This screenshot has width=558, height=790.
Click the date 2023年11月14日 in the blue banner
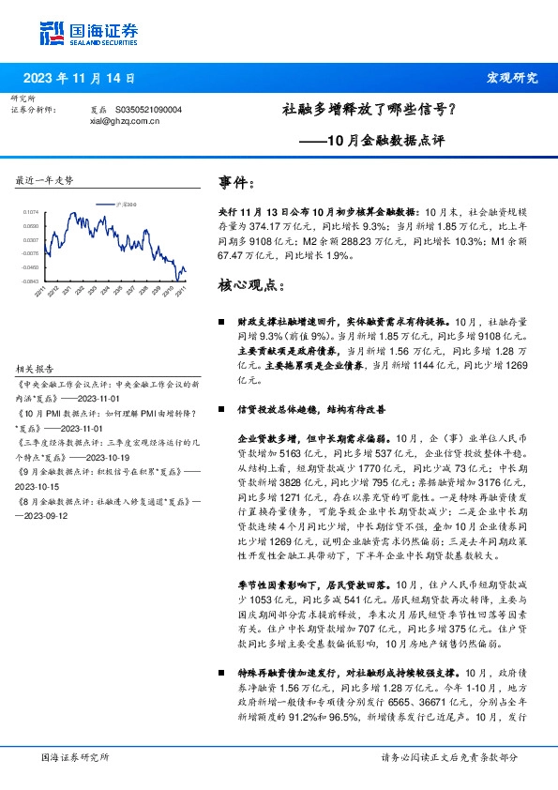click(85, 78)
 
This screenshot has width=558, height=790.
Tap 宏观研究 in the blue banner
click(511, 78)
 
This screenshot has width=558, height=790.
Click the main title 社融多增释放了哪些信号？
click(369, 110)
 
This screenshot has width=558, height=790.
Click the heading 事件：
click(236, 182)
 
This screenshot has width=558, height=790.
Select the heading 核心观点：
click(249, 283)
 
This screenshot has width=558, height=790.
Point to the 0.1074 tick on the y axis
click(32, 213)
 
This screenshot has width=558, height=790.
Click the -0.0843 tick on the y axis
click(32, 280)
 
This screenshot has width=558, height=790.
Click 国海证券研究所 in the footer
click(76, 756)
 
